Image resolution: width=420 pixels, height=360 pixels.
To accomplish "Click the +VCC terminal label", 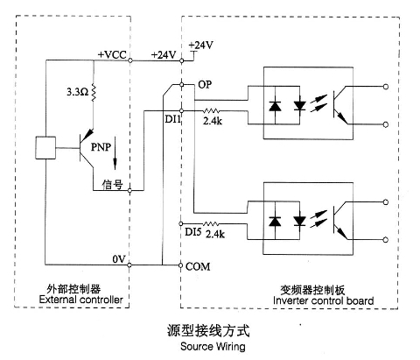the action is coord(112,54).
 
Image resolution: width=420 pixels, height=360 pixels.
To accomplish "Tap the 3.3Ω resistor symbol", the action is coord(94,92).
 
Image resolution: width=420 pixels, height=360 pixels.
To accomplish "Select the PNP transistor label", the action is coord(101,147).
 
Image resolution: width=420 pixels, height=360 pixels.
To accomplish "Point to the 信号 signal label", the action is coord(112,184).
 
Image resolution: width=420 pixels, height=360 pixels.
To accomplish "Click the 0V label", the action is coord(119,259).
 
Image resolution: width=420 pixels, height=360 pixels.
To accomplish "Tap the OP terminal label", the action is coord(205,85).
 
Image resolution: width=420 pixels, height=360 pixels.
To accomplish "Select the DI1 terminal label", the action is coord(173,119).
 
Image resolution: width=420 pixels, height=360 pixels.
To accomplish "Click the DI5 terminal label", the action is coord(193,232).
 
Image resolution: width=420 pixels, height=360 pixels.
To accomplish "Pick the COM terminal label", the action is coord(198,266).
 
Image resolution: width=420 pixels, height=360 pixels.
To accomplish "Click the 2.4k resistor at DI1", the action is coord(211,111).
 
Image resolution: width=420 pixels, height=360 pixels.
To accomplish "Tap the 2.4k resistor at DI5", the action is coord(211,224).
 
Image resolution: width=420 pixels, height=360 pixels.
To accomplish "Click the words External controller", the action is coord(81,300).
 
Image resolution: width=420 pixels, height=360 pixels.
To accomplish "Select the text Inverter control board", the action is coord(324,300).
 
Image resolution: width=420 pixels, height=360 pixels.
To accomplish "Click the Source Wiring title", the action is coord(213,347).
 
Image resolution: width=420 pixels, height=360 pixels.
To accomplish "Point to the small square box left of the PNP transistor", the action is coord(45,148).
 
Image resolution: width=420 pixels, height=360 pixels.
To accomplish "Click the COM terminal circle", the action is coord(181,265).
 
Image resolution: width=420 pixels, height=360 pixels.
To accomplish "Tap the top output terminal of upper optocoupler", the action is coord(386,87).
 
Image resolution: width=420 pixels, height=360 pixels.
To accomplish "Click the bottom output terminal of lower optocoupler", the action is coord(386,240).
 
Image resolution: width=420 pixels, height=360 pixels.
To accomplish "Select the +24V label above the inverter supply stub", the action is coord(200,46).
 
